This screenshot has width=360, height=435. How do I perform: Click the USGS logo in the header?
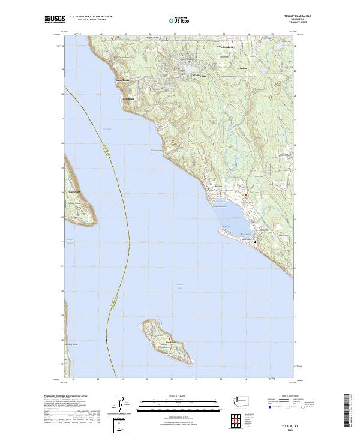[x=55, y=19]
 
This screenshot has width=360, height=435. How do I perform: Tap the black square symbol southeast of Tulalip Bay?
[x=255, y=242]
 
